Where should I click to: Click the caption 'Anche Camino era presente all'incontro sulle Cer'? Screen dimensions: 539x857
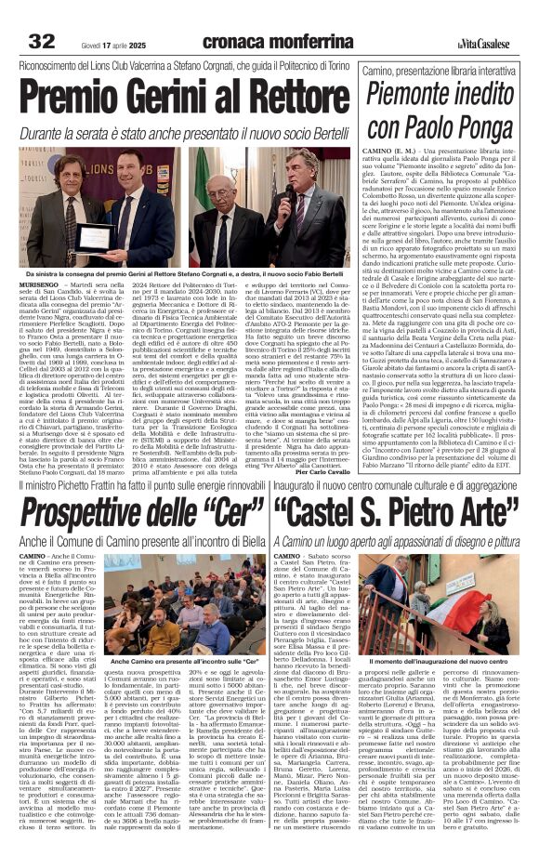[x=175, y=634]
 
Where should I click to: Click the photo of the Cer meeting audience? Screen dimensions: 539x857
[x=175, y=591]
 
